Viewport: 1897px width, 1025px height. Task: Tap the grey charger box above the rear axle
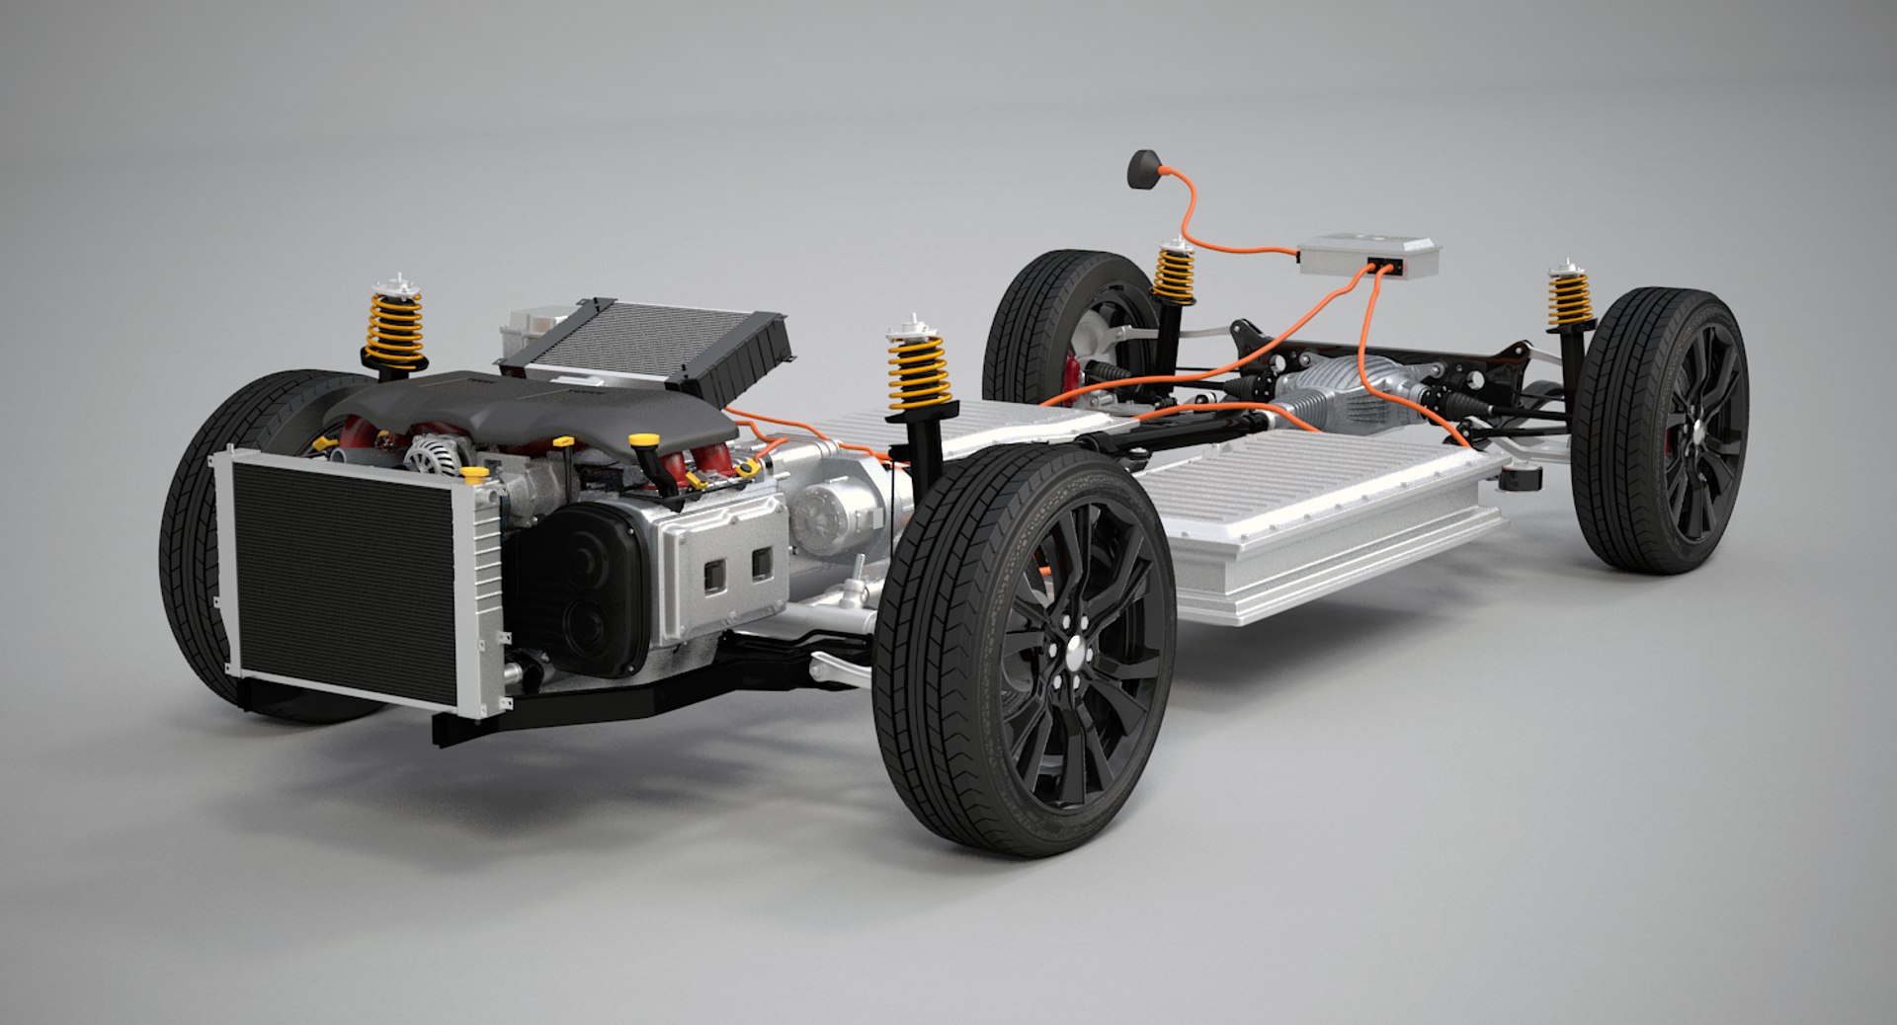tap(1367, 254)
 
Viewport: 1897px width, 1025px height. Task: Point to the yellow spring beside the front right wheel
tap(918, 370)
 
